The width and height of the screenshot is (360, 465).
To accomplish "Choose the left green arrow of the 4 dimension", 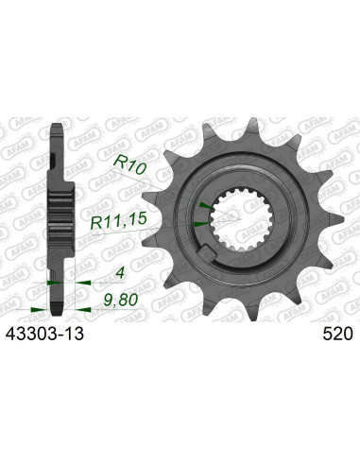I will coord(48,282).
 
